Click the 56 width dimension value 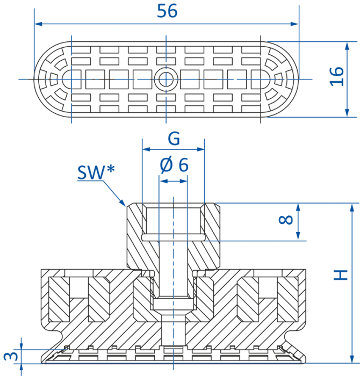167,11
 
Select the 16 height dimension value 336,76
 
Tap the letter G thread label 174,139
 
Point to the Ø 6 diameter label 174,165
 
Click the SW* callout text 96,172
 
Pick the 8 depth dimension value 286,220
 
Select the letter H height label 341,275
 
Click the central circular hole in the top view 166,79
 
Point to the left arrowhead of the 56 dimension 38,24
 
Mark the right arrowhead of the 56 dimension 294,24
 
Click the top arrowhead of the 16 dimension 347,46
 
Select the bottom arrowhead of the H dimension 352,359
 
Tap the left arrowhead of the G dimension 146,149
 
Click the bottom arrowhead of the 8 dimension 298,236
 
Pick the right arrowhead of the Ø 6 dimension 183,181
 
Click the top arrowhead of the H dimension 352,208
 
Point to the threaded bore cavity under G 174,221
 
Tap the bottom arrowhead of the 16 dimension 347,113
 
